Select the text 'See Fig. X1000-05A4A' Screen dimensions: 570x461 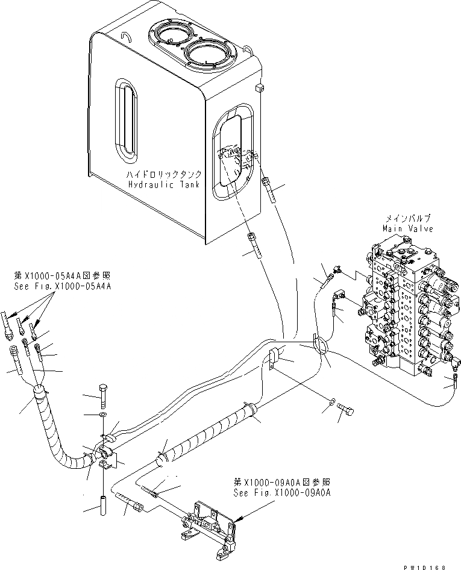63,287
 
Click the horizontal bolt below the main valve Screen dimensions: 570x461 346,412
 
